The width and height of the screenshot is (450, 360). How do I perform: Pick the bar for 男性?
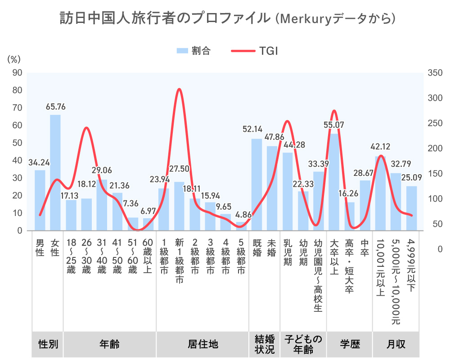point(40,200)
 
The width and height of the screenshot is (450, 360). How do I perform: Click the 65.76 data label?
point(55,107)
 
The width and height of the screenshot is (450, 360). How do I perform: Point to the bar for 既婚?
point(256,184)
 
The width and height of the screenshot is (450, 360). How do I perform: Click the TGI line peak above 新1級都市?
point(179,90)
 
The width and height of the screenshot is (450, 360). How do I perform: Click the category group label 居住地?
point(202,344)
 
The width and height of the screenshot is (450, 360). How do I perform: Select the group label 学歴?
point(350,344)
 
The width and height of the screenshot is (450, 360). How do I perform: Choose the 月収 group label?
point(396,344)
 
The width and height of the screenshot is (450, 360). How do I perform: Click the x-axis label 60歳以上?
point(148,256)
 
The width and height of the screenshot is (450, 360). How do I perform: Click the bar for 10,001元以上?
point(380,193)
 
